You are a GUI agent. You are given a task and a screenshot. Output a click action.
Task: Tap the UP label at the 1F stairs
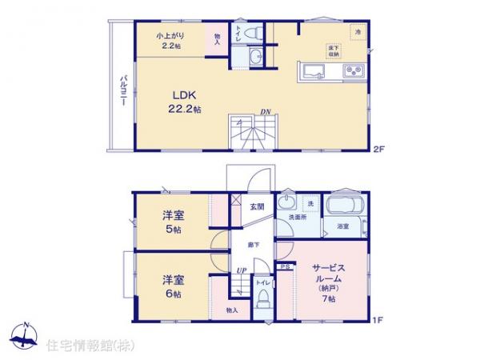tap(239, 270)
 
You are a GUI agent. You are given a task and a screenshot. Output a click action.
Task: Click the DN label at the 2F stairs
tap(263, 112)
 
